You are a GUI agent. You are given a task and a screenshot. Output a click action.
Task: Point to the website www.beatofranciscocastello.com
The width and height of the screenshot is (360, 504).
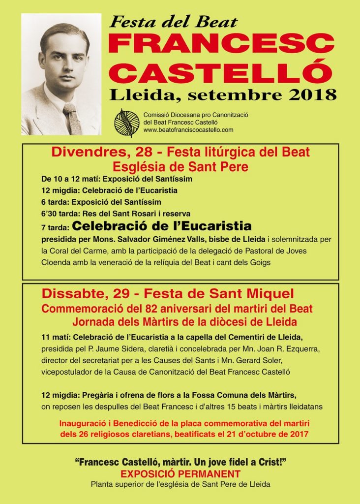(x=188, y=130)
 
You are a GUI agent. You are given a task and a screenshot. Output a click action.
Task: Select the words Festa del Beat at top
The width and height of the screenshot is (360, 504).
(x=173, y=22)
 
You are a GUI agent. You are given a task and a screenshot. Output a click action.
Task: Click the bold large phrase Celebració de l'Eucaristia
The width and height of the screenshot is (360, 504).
(x=162, y=226)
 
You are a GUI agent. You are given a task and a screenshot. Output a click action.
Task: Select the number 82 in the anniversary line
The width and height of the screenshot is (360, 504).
(x=156, y=309)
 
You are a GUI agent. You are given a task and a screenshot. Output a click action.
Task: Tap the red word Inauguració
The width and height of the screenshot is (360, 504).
(x=87, y=423)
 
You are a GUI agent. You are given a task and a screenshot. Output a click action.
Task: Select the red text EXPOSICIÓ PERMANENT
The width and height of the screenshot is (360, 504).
(x=180, y=474)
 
